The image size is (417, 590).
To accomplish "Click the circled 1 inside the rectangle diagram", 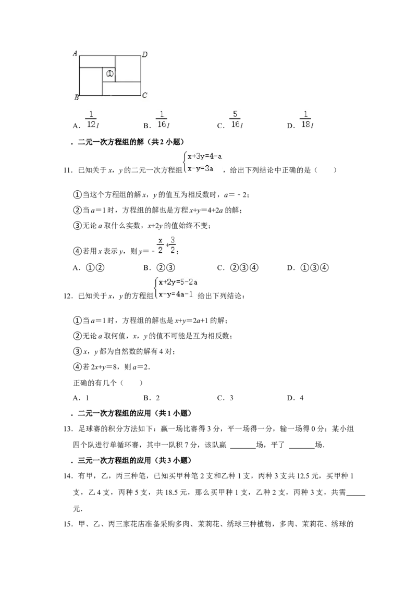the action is (x=109, y=74).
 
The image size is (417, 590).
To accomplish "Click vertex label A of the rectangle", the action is (x=75, y=53).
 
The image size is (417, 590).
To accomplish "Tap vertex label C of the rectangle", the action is (x=144, y=95).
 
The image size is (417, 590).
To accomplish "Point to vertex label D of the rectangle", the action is (x=144, y=55).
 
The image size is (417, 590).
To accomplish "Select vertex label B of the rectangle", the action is (x=77, y=98).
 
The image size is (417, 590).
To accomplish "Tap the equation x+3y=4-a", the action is (x=205, y=156).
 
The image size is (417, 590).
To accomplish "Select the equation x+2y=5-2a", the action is (x=178, y=282).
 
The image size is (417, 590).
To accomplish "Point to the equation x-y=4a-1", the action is (x=176, y=294).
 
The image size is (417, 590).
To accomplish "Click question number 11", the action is (x=68, y=170).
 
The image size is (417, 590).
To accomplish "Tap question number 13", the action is (x=68, y=429).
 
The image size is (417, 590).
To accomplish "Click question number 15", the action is (x=68, y=524).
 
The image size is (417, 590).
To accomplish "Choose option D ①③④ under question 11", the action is (x=308, y=268).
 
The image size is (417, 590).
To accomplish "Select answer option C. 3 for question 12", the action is (x=225, y=398).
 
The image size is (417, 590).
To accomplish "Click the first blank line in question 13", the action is (x=243, y=448).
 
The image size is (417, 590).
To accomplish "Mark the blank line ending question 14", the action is (x=355, y=495).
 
